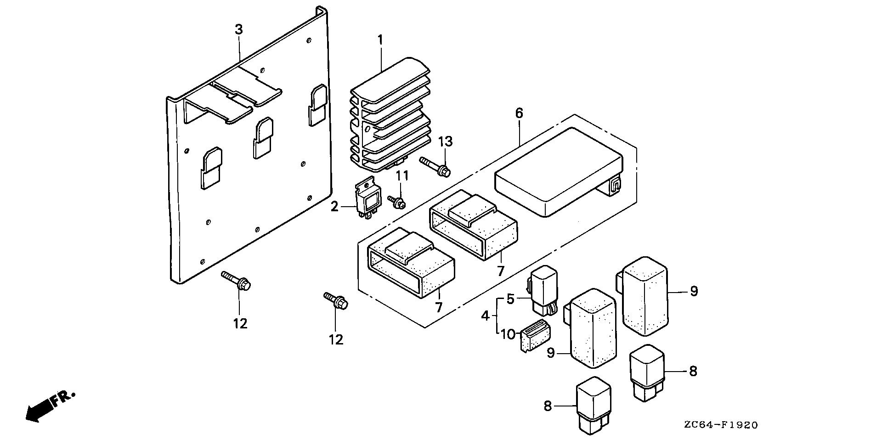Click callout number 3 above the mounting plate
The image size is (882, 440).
(x=238, y=29)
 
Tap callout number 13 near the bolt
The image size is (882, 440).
(x=445, y=141)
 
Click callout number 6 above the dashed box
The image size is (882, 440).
(x=519, y=113)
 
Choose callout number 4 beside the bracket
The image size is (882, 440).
(x=486, y=316)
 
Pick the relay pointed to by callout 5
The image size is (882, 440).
(x=543, y=288)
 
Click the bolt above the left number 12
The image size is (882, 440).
(x=236, y=281)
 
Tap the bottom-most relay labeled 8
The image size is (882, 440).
(x=593, y=404)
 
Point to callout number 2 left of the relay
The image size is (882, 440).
(x=334, y=207)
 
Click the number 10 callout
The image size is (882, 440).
(x=508, y=334)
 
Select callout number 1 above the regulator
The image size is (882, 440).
(x=380, y=40)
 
